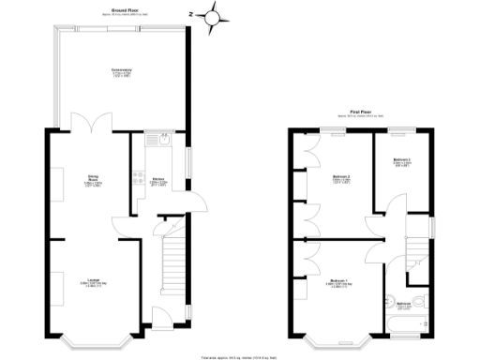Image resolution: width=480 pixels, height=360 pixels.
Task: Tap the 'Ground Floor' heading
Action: pyautogui.click(x=125, y=9)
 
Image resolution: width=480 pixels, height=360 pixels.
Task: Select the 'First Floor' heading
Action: pyautogui.click(x=363, y=112)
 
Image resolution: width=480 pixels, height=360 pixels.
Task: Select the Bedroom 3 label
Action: pyautogui.click(x=402, y=161)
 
